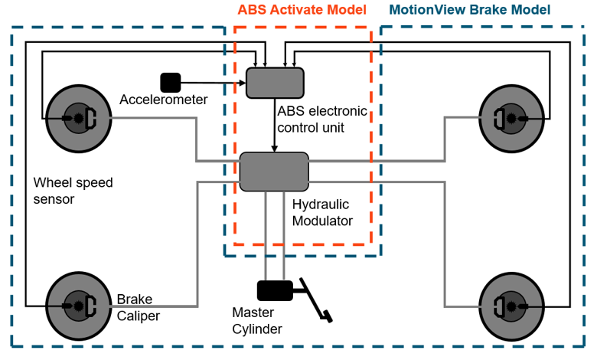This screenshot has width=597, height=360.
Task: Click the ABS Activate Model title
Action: tap(302, 10)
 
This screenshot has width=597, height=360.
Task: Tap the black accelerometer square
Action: tap(170, 82)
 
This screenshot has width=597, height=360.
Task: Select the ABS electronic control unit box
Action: tap(275, 83)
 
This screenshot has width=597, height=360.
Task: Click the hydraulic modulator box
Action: tap(274, 172)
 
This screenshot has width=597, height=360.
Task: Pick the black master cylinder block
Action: tap(275, 290)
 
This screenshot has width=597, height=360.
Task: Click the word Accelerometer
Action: tap(164, 100)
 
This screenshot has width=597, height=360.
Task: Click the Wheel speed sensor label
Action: tap(73, 191)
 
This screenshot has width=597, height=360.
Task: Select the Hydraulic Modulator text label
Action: tap(322, 212)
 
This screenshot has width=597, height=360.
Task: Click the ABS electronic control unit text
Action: tap(322, 119)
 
